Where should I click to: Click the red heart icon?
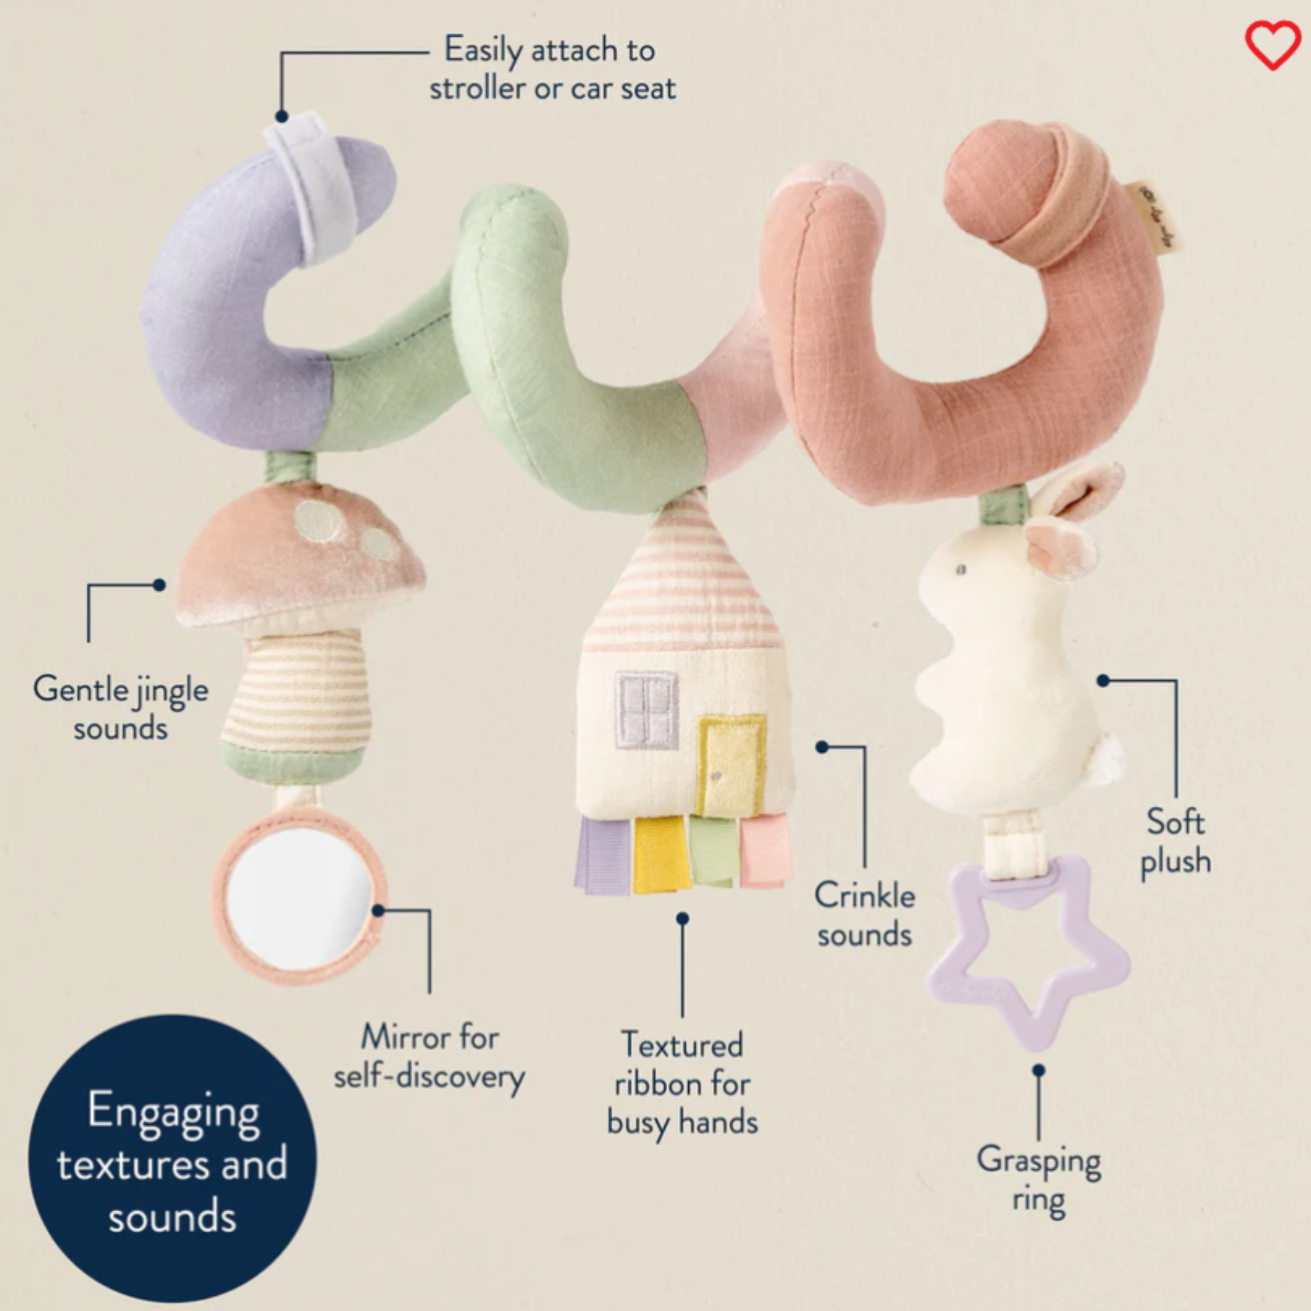coord(1273,45)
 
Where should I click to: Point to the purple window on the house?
coord(647,710)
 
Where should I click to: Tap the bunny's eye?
coord(960,568)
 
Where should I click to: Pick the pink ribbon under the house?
coord(765,850)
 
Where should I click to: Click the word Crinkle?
coord(865,895)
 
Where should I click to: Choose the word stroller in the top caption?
coord(472,88)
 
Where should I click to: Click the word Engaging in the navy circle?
coord(174,1113)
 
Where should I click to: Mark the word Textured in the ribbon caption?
coord(682,1045)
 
